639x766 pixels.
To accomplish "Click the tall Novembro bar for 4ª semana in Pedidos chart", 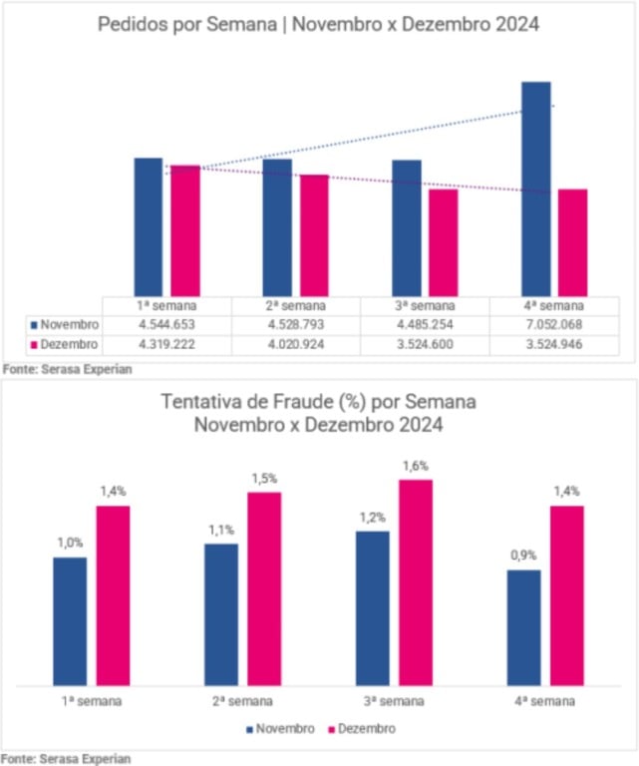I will click(x=536, y=189).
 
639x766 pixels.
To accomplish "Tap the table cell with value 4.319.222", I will click(x=166, y=344).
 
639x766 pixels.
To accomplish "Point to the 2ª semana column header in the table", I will click(x=295, y=305).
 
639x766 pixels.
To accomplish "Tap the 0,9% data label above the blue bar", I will click(x=523, y=556).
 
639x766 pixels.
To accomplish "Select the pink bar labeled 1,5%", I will click(x=264, y=588).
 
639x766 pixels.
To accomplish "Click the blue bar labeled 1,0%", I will click(x=70, y=620).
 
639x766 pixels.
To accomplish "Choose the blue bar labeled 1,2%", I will click(x=373, y=607).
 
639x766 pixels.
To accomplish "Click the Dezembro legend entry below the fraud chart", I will click(x=363, y=728).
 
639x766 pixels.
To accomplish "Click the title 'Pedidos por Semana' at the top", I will click(x=318, y=24).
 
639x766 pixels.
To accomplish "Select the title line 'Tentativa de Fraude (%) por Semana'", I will click(x=318, y=402).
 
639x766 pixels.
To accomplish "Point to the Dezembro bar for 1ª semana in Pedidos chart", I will click(x=184, y=230).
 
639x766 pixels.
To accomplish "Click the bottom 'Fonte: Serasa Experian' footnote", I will click(x=66, y=758).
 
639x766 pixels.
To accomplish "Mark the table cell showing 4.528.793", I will click(x=295, y=325).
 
